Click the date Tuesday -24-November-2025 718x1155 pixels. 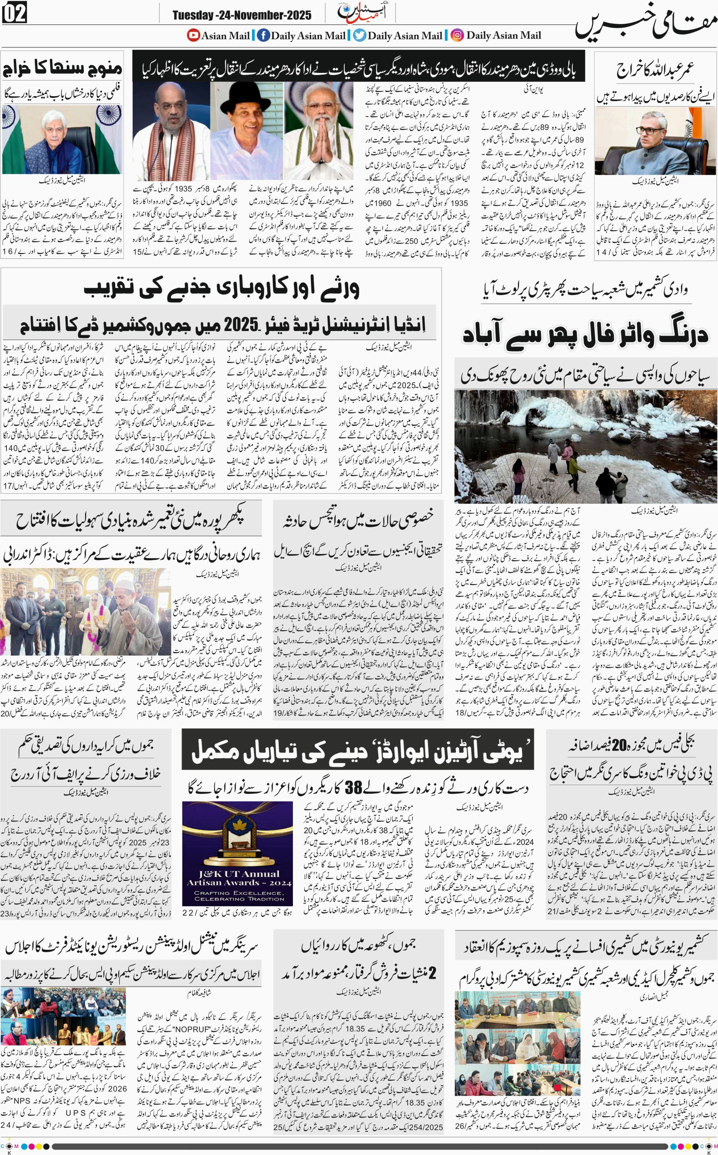tap(242, 15)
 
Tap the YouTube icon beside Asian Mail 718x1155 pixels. tap(193, 35)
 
